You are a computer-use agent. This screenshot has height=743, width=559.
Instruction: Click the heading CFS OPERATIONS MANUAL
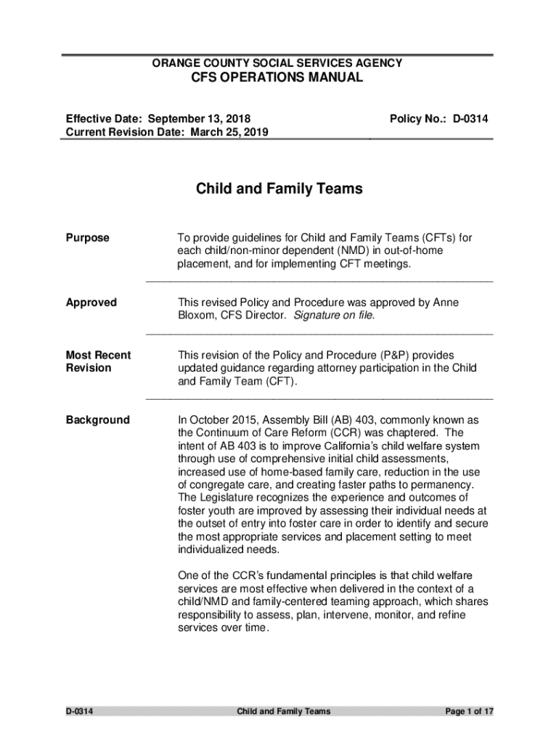277,78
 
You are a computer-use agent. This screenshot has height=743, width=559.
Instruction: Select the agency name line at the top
277,63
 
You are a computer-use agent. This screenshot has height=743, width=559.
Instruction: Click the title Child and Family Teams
279,189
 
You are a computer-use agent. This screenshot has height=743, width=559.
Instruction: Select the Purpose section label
88,238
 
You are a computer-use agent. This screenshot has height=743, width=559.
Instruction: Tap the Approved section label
91,303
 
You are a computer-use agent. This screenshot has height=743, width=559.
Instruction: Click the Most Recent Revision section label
98,361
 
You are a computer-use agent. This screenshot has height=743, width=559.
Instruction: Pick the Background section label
97,420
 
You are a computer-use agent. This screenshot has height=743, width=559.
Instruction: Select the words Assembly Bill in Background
306,420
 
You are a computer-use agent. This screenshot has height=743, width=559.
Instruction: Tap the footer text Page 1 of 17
469,711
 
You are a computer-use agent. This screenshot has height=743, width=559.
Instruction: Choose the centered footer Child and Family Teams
283,711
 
